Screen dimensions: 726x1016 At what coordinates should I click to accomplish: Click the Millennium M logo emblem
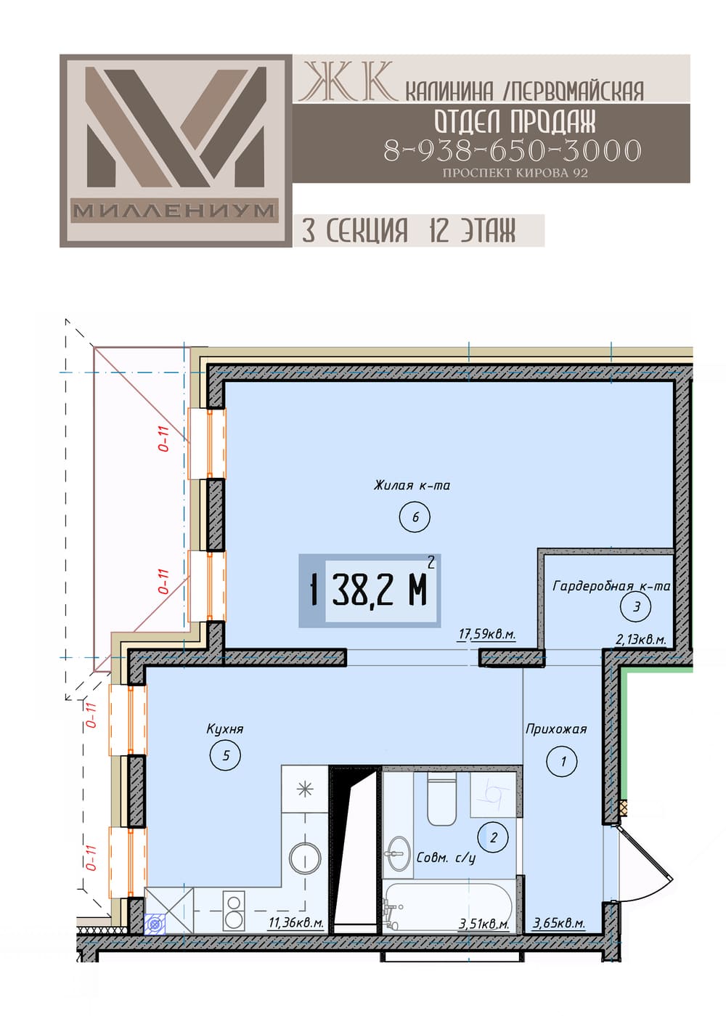(176, 150)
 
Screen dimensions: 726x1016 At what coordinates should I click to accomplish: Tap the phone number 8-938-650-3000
(513, 150)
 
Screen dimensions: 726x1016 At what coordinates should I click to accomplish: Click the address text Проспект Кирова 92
(515, 173)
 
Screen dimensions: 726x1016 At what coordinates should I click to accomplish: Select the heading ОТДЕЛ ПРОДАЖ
(515, 121)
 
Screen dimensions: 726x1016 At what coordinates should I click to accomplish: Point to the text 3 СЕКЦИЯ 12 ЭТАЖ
(409, 230)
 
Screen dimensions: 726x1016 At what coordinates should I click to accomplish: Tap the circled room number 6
(415, 516)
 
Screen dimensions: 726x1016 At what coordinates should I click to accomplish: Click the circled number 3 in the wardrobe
(636, 607)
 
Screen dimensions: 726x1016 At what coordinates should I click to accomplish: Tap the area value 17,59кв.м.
(487, 633)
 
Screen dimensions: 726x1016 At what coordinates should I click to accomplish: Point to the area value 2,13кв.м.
(641, 640)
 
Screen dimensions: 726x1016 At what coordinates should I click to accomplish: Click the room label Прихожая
(556, 729)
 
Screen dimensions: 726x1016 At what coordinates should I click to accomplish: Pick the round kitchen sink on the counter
(305, 858)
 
